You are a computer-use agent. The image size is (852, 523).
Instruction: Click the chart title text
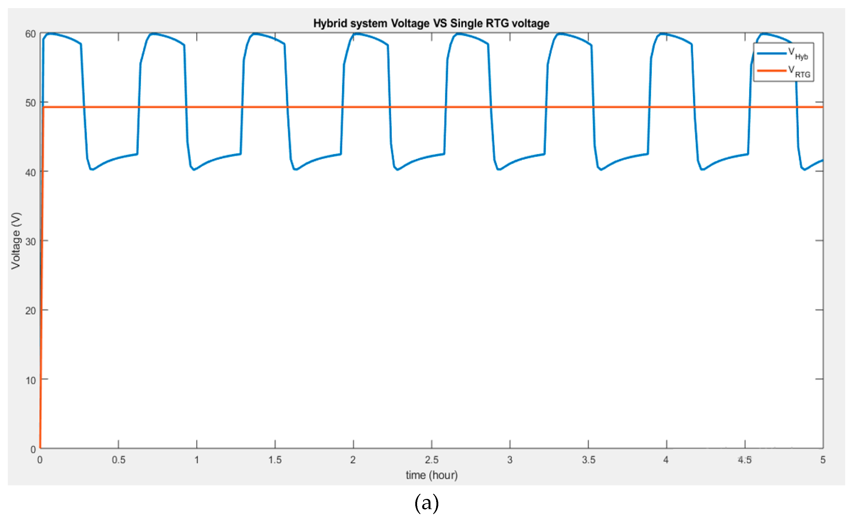(431, 23)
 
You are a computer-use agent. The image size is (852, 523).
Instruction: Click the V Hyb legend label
(798, 54)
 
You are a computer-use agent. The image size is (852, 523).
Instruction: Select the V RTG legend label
(799, 72)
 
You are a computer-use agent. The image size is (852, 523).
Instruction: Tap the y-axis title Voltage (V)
(15, 241)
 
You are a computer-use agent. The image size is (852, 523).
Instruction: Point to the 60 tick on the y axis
(30, 34)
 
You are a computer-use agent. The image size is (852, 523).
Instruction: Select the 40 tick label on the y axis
(30, 172)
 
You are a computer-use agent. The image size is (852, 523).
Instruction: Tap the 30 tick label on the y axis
(30, 241)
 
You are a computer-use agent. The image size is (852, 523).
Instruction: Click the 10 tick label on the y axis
(30, 380)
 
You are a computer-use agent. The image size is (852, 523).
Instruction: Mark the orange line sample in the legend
(771, 71)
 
